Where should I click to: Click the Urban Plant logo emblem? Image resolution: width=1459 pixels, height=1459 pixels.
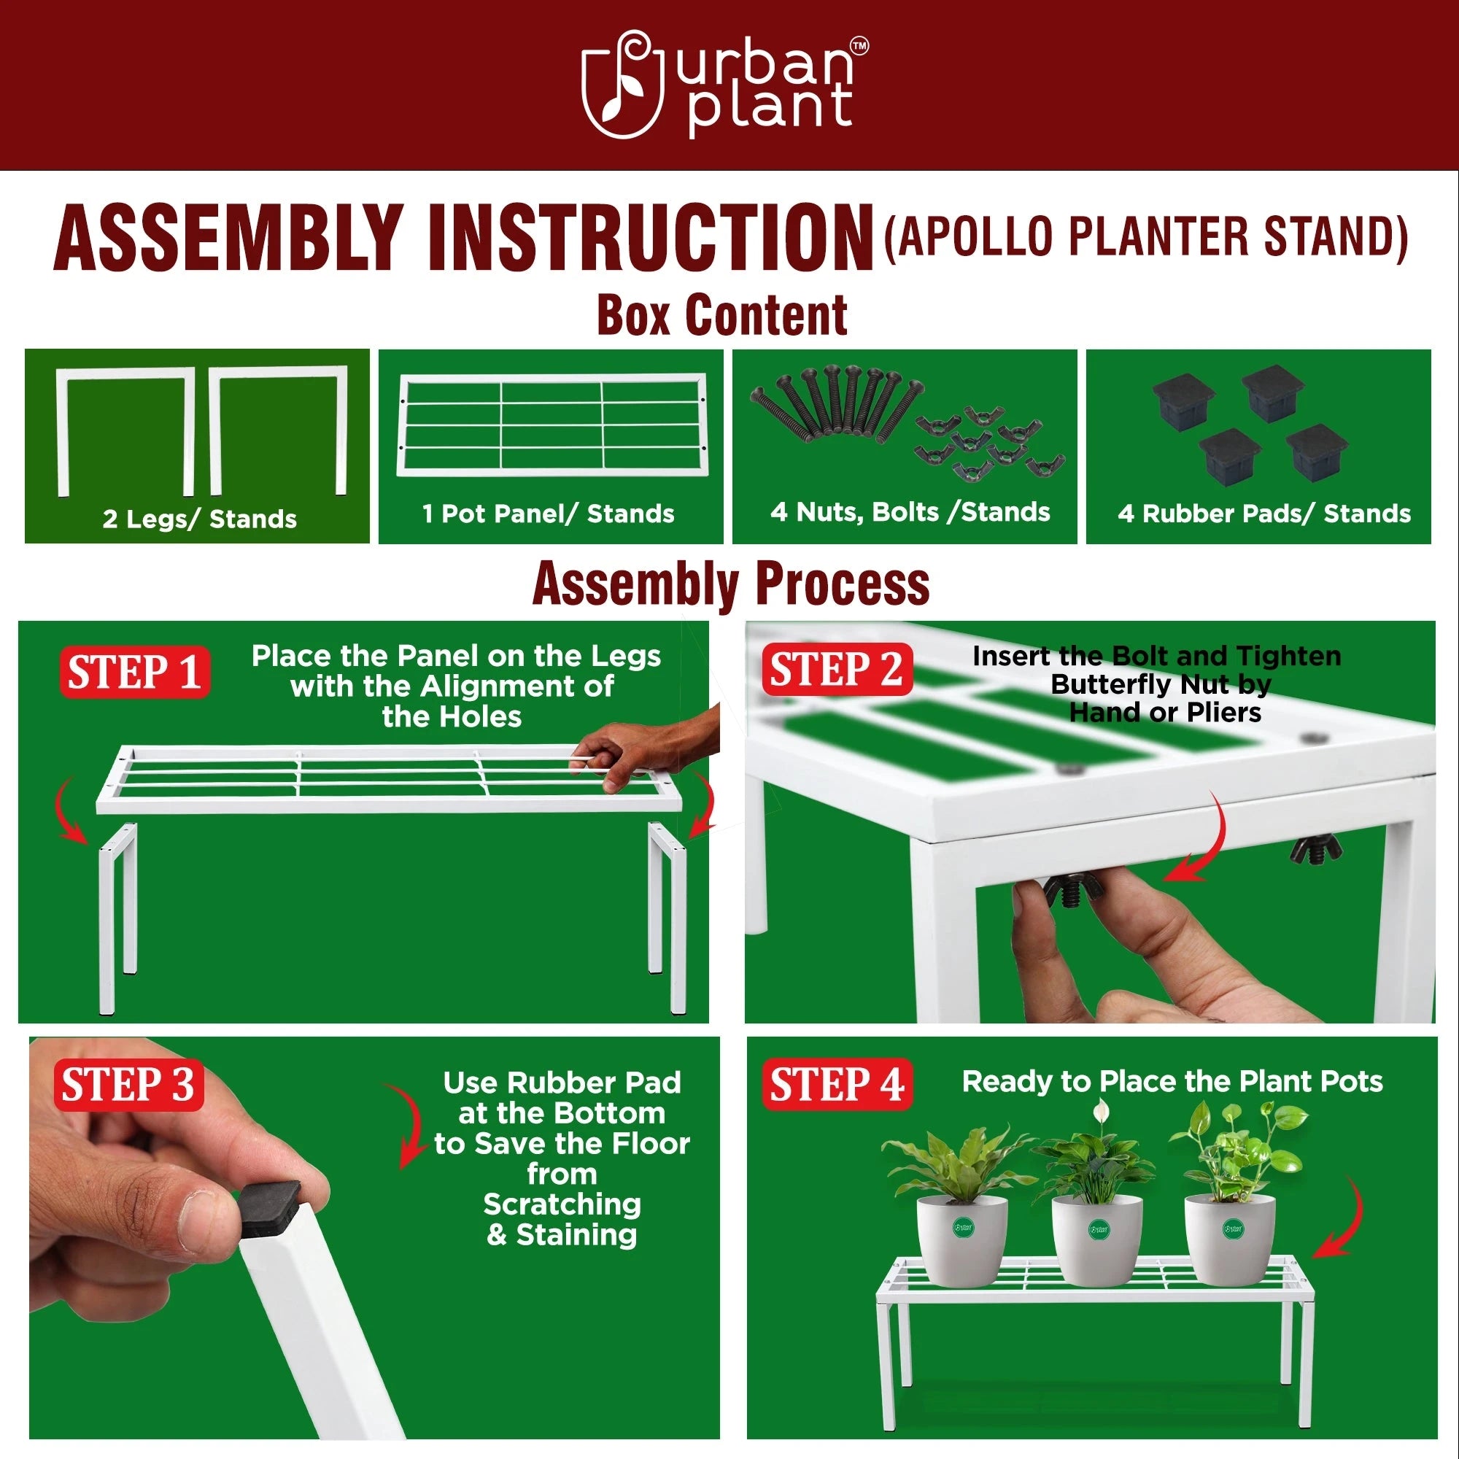click(622, 85)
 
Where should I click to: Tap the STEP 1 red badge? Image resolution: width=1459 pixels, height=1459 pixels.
click(134, 672)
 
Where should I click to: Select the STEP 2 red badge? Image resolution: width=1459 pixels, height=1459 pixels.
click(836, 670)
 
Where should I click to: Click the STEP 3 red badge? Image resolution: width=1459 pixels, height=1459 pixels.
click(128, 1085)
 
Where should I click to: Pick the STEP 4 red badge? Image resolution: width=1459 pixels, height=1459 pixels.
click(837, 1085)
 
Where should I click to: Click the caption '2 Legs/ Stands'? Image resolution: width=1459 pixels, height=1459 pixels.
click(199, 519)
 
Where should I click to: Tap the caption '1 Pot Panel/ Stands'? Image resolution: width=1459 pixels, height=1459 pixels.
click(549, 514)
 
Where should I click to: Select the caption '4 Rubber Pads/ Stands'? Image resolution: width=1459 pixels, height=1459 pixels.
click(1264, 514)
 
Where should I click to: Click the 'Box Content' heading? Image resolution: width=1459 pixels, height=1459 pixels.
click(721, 315)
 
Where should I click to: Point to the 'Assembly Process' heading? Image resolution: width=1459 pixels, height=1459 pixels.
click(730, 584)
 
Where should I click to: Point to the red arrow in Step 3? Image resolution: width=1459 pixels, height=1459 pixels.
click(409, 1125)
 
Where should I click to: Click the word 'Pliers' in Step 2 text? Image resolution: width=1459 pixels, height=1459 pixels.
click(1223, 712)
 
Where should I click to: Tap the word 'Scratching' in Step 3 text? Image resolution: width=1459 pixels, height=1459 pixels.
click(562, 1204)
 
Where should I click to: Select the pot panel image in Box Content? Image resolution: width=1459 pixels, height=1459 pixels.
click(552, 425)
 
